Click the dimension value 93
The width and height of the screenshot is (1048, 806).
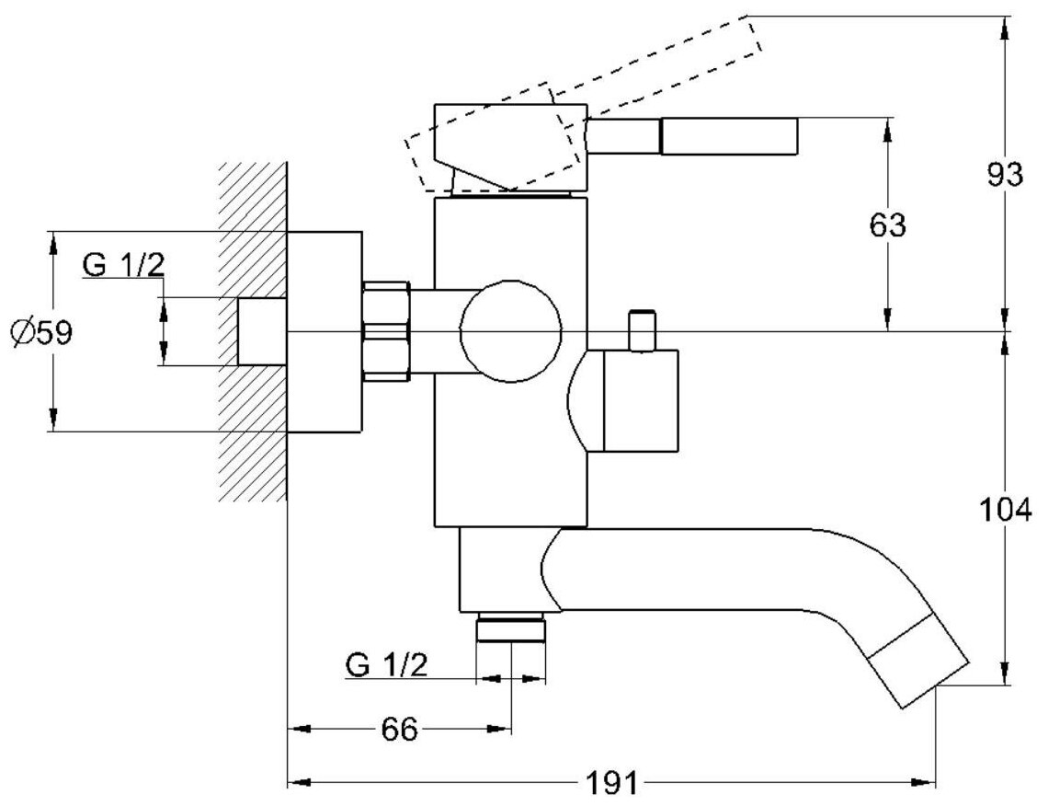click(1005, 175)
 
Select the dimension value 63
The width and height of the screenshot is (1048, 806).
click(887, 225)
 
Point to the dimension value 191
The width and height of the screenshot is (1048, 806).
click(611, 784)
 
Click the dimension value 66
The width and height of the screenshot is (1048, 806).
click(399, 730)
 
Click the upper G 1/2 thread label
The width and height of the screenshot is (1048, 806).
click(123, 266)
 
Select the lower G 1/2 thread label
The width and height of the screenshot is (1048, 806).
click(387, 664)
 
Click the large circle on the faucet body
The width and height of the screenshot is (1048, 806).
click(510, 330)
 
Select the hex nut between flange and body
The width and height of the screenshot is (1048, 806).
click(386, 331)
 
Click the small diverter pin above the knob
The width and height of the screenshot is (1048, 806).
click(641, 330)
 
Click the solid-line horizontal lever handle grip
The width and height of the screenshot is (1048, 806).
click(728, 136)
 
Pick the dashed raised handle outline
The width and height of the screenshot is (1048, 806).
click(662, 64)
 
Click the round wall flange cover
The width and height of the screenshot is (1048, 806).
click(325, 331)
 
